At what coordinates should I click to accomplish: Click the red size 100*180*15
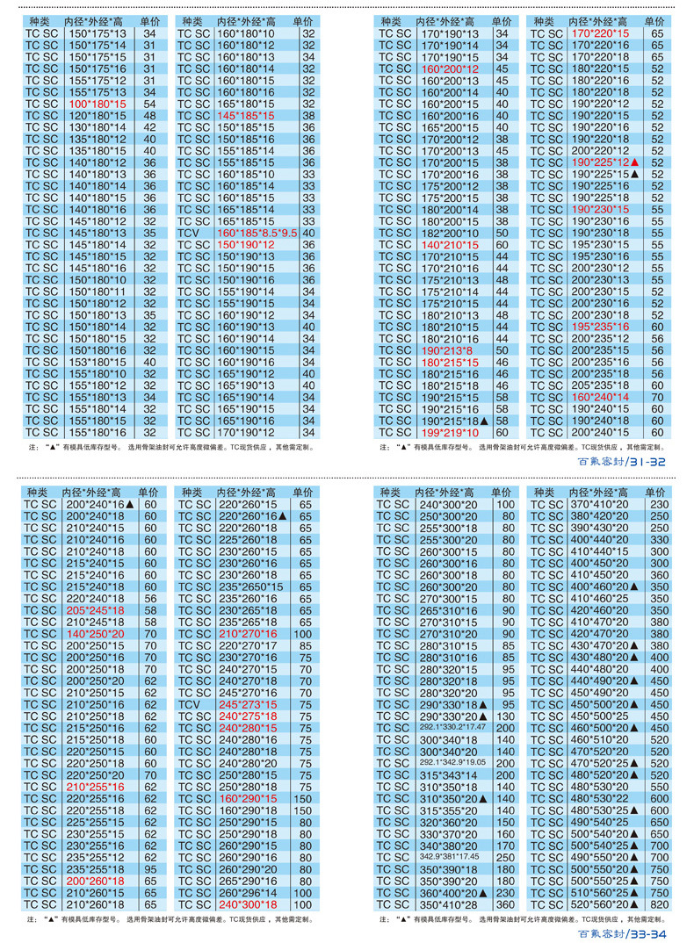[97, 104]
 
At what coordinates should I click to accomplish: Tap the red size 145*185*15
[245, 115]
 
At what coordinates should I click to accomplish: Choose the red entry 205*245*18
[95, 610]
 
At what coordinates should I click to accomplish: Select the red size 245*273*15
[247, 704]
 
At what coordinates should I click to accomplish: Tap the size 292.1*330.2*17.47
[451, 728]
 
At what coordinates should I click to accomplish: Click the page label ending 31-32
[622, 462]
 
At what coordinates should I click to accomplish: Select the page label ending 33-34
[622, 934]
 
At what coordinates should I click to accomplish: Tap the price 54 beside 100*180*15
[149, 104]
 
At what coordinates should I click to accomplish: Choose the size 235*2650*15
[250, 587]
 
